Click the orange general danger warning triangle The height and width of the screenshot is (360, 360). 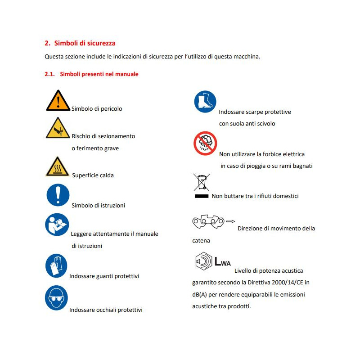click(58, 100)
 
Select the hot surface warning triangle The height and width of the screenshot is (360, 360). click(57, 166)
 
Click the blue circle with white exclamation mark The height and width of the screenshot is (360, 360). click(58, 195)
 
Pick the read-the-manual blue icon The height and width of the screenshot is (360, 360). click(57, 225)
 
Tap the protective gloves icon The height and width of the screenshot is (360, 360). click(56, 265)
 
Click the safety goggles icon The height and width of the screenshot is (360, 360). click(56, 298)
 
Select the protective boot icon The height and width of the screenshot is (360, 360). click(205, 102)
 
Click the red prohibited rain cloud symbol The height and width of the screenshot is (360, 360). click(205, 144)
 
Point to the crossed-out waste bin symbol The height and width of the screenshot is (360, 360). click(202, 182)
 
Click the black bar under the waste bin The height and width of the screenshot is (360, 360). click(202, 196)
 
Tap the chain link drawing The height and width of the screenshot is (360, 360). click(208, 221)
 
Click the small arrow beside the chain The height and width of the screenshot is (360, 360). click(230, 221)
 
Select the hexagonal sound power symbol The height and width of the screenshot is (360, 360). click(203, 261)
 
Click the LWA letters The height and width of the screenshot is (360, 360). click(222, 262)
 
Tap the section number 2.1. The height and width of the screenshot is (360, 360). click(49, 74)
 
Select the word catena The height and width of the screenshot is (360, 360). click(201, 241)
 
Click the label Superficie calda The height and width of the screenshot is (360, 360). click(93, 175)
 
